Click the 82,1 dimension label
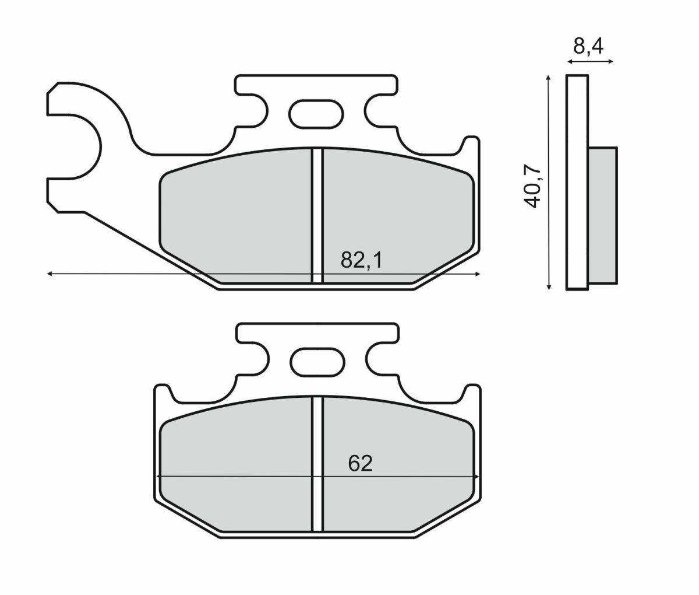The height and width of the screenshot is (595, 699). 361,260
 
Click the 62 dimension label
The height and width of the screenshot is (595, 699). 360,463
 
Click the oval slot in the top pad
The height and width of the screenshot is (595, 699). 315,113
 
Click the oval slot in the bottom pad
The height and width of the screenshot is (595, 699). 315,362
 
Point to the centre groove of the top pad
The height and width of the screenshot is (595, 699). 317,216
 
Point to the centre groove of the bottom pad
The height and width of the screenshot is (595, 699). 317,464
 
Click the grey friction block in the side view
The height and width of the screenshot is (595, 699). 602,216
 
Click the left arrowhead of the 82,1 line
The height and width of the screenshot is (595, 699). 51,273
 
